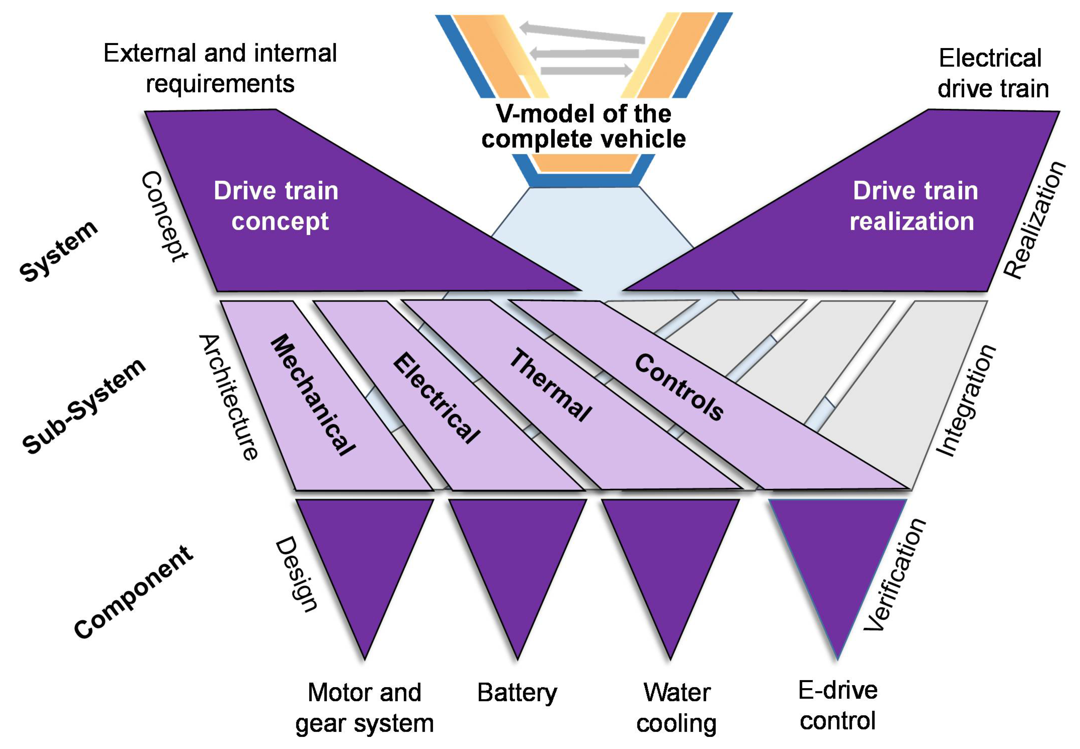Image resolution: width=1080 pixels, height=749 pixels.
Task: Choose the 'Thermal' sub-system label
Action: (551, 385)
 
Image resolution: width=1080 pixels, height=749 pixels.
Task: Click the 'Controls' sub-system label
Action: (679, 387)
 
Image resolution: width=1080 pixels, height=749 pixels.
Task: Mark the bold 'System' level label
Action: (59, 251)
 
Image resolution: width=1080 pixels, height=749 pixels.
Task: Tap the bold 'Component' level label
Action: (133, 592)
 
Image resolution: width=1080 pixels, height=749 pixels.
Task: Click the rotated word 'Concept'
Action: (164, 216)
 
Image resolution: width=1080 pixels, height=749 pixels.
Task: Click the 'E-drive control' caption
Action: (838, 705)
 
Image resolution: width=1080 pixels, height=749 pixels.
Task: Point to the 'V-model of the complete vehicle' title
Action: (584, 126)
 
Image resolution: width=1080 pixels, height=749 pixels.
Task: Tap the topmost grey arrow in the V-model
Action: (583, 33)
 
